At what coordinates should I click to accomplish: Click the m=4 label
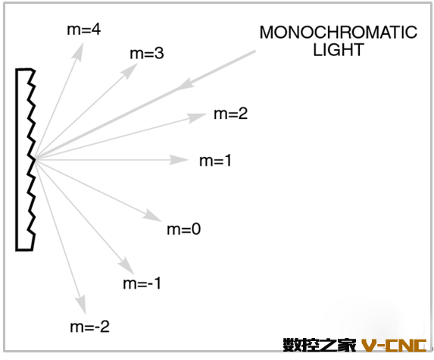pos(84,30)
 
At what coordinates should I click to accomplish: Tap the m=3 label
pos(147,53)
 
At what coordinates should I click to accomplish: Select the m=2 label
pos(231,114)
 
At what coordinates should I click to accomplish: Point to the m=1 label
pos(215,161)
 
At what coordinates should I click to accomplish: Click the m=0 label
pos(184,230)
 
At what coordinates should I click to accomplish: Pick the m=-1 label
pos(142,283)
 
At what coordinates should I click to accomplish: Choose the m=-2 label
pos(90,327)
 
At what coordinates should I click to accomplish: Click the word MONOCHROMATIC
pos(339,33)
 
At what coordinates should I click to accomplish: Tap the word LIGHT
pos(339,50)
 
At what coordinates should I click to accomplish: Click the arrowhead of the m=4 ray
pos(78,51)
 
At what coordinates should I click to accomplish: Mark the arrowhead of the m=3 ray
pos(130,71)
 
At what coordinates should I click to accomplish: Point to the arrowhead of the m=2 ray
pos(198,117)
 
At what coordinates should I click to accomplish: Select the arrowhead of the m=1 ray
pos(179,160)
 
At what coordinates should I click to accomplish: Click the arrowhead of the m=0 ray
pos(152,216)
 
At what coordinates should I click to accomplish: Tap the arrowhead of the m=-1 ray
pos(127,265)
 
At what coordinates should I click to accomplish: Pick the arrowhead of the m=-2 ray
pos(81,305)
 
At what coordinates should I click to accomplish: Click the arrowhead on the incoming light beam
pos(186,84)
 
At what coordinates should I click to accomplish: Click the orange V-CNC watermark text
pos(395,345)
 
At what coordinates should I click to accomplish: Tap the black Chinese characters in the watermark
pos(320,345)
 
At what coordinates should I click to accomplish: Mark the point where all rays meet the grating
pos(36,159)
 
